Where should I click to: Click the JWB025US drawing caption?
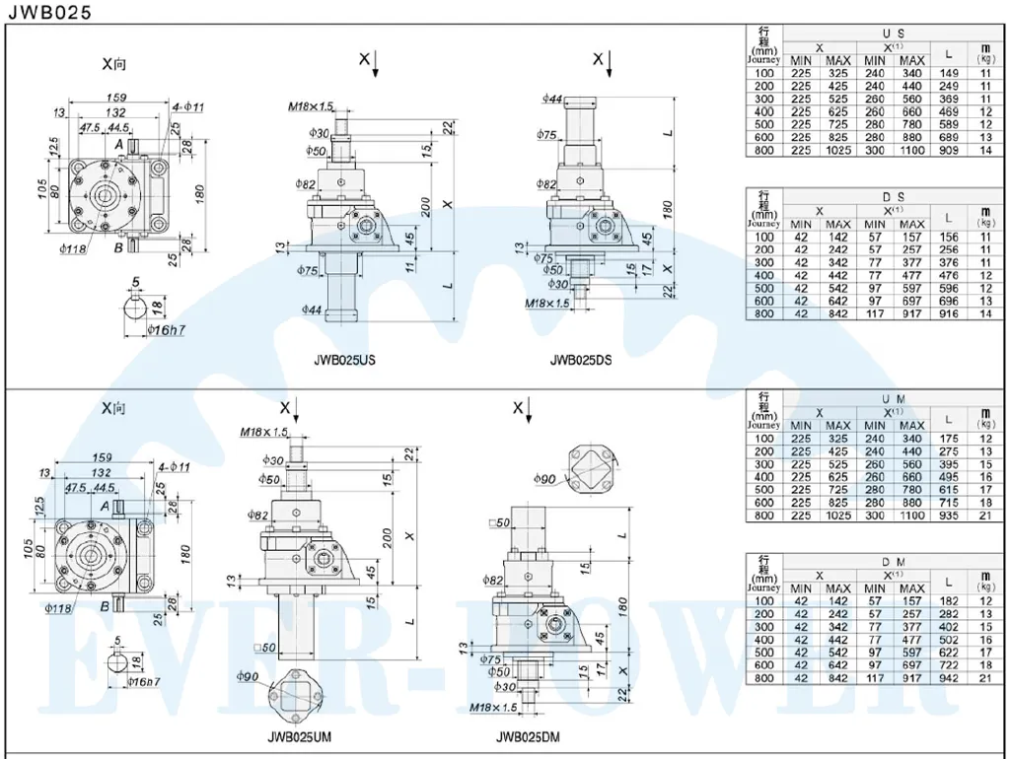344,361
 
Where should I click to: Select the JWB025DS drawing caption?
580,361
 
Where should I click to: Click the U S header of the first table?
894,34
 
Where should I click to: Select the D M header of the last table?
894,562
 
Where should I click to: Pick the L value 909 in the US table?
949,150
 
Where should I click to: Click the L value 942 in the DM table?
949,678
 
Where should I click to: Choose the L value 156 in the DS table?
949,237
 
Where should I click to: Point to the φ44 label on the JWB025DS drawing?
552,99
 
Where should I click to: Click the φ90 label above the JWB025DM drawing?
545,479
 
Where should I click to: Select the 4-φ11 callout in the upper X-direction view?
186,106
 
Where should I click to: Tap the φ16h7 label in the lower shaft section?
145,682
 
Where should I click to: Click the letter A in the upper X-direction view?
118,145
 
